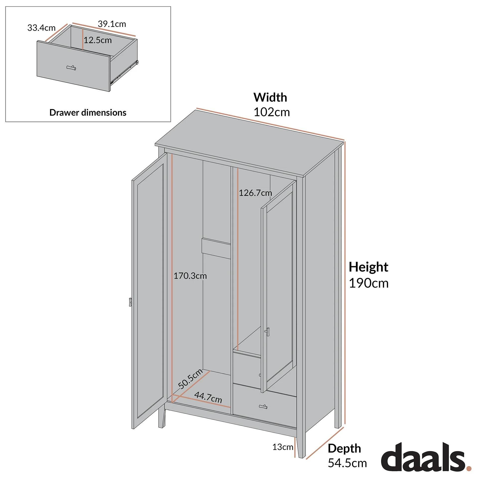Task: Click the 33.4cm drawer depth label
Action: (41, 28)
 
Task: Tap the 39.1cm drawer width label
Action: (112, 24)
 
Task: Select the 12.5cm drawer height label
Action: (98, 40)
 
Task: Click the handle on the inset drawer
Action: (71, 68)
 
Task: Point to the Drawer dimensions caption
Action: (88, 113)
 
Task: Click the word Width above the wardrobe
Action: (270, 97)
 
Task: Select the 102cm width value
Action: (272, 112)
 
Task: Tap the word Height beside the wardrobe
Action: (368, 267)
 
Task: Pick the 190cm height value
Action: (368, 283)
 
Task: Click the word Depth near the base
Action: (344, 448)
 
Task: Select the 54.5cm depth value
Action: (347, 463)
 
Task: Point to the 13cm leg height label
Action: (283, 447)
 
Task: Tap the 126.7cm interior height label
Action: (255, 193)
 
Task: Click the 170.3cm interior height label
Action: (190, 276)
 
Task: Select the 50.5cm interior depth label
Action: (190, 379)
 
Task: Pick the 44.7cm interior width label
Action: (208, 397)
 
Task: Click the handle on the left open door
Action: (130, 302)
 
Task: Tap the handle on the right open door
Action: (267, 332)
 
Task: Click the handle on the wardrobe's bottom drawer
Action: (263, 407)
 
